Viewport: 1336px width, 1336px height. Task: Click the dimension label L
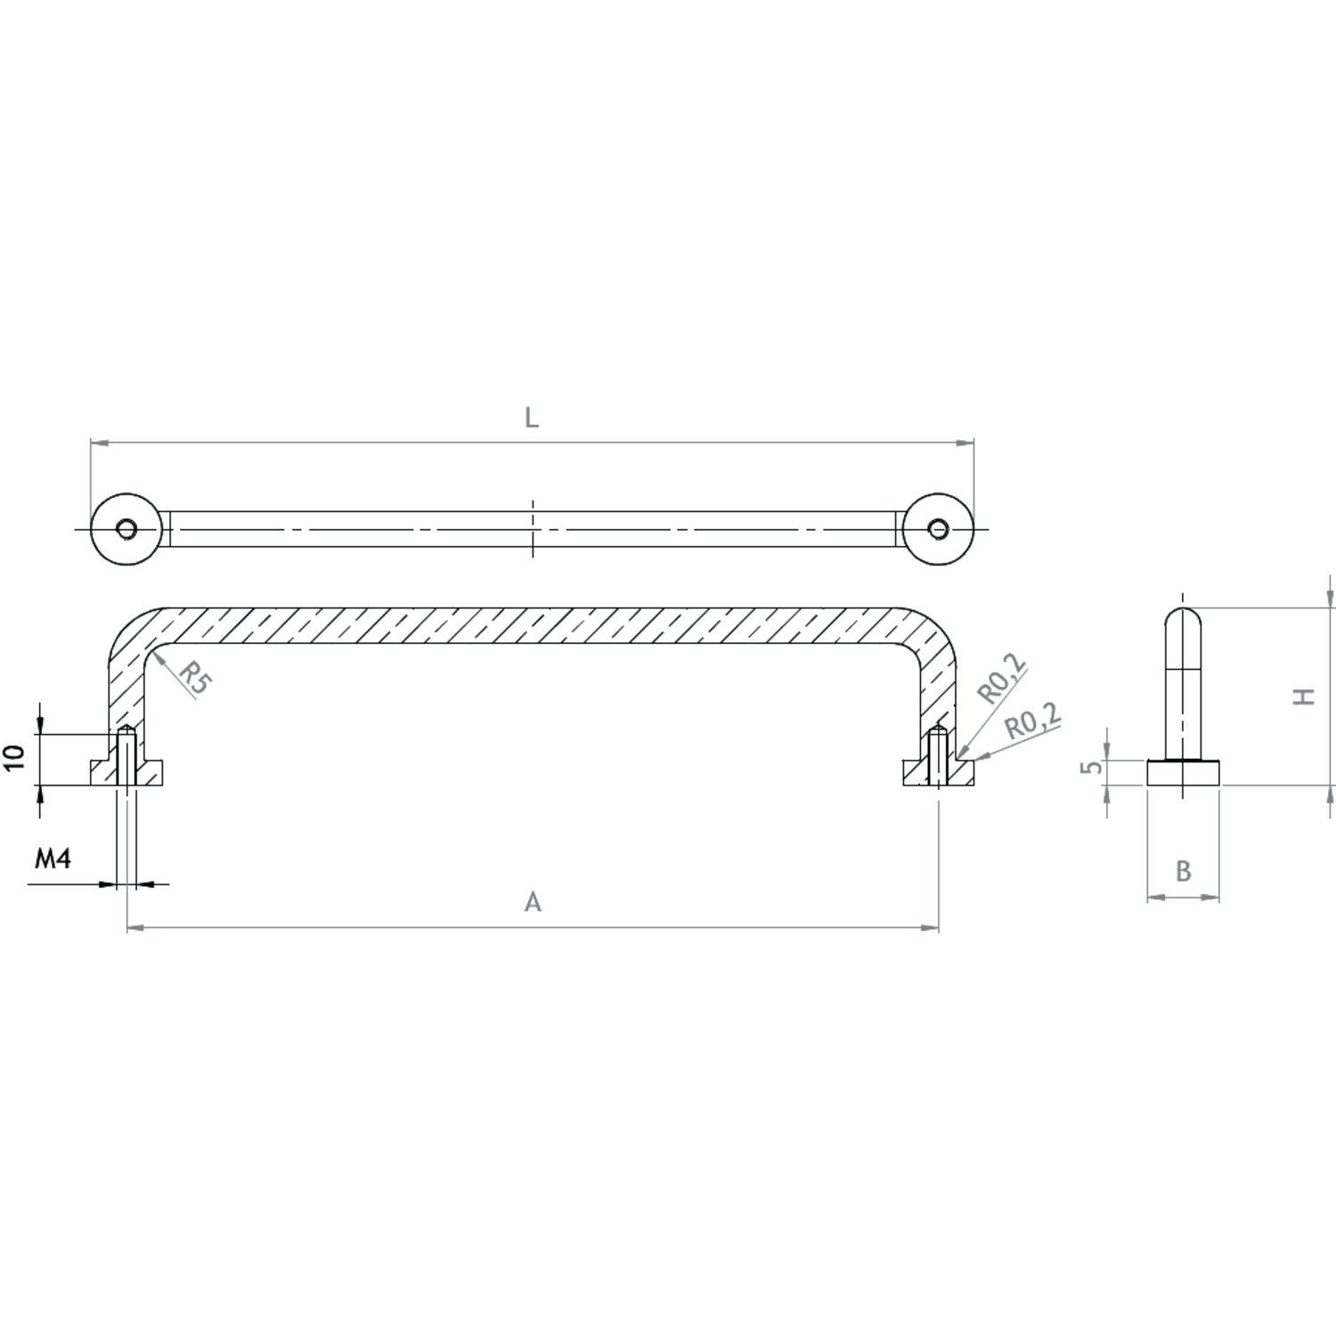pyautogui.click(x=532, y=418)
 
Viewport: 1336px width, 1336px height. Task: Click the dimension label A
pyautogui.click(x=533, y=902)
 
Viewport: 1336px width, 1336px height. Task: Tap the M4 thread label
pyautogui.click(x=53, y=859)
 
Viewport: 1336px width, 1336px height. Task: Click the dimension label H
pyautogui.click(x=1305, y=697)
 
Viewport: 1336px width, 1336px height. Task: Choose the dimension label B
pyautogui.click(x=1183, y=870)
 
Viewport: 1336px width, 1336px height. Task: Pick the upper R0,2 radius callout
pyautogui.click(x=1001, y=679)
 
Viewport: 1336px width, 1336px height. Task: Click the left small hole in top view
pyautogui.click(x=126, y=529)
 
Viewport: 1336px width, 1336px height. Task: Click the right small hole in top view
pyautogui.click(x=938, y=529)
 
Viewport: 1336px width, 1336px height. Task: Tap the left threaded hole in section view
pyautogui.click(x=127, y=756)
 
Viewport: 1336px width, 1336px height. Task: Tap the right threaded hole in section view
pyautogui.click(x=938, y=756)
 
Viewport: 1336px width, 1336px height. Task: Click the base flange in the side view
pyautogui.click(x=1183, y=772)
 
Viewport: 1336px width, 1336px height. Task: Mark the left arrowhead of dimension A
pyautogui.click(x=135, y=928)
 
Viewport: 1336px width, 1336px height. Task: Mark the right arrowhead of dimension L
pyautogui.click(x=965, y=442)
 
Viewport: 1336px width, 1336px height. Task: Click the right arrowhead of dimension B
pyautogui.click(x=1211, y=897)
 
